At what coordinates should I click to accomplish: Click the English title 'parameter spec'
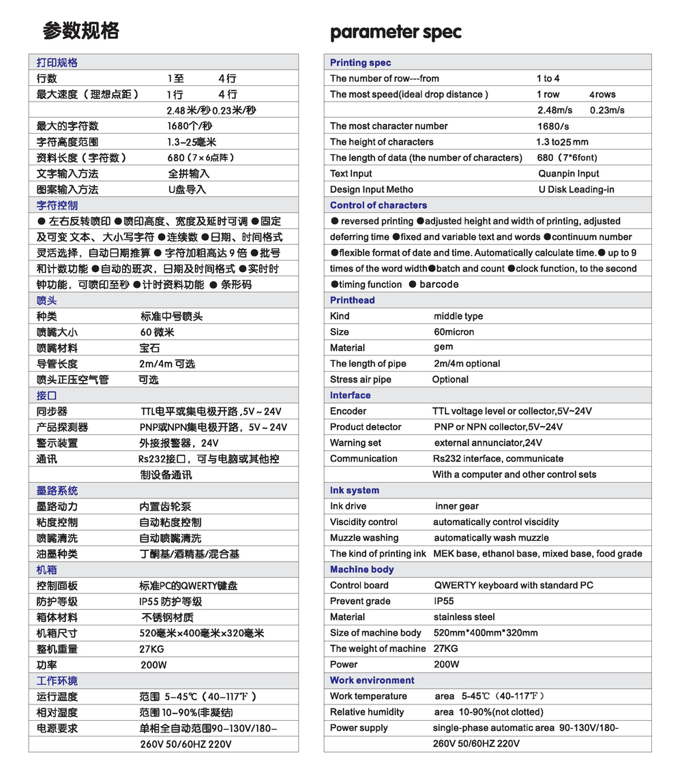coord(396,33)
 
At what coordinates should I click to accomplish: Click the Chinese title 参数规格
coord(80,31)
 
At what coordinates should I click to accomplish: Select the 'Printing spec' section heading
coord(360,63)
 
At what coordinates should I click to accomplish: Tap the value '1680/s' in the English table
coord(553,126)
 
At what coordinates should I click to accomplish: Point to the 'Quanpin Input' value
coord(569,174)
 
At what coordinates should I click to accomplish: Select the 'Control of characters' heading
coord(378,205)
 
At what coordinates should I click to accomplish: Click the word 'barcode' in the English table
coord(439,284)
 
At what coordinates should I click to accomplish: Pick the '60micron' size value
coord(454,332)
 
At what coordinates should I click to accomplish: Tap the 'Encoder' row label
coord(348,411)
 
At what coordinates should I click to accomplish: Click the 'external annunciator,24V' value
coord(484,443)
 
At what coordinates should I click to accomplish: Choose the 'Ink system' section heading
coord(355,490)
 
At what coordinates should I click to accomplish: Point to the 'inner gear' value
coord(457,506)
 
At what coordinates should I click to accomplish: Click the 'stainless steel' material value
coord(464,617)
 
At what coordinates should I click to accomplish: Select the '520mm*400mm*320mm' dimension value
coord(486,633)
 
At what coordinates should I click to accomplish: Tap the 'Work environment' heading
coord(372,681)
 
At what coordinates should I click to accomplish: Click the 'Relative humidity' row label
coord(367,712)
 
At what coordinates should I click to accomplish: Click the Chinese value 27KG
coord(151,649)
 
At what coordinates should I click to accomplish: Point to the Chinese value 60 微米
coord(157,332)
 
